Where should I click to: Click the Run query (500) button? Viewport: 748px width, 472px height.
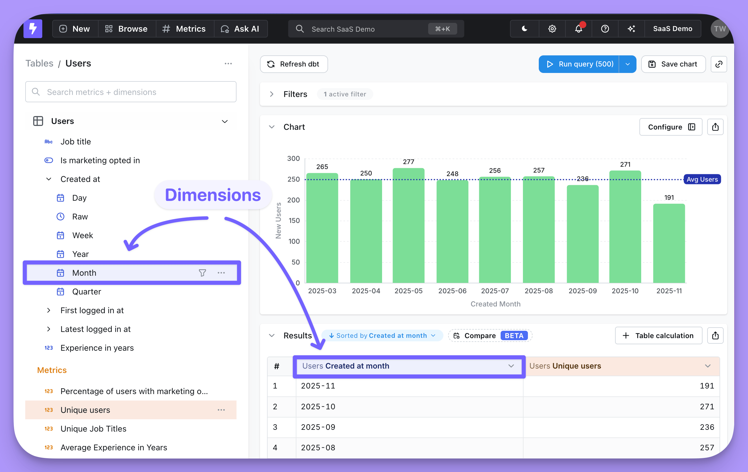[579, 64]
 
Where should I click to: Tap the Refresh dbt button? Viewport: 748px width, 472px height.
[294, 64]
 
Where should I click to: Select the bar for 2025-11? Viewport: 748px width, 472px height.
[669, 243]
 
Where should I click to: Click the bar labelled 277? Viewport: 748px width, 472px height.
[408, 226]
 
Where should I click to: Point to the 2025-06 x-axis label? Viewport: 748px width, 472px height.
[452, 291]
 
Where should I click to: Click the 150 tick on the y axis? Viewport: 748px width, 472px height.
[294, 221]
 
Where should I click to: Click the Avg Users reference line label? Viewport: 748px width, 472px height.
[702, 179]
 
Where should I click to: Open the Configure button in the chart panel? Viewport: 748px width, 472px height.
[671, 127]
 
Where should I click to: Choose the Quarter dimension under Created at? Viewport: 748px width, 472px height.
[87, 292]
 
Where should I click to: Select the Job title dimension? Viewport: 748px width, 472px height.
[76, 142]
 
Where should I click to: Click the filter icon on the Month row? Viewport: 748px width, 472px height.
[202, 273]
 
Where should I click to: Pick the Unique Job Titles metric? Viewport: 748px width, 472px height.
[94, 429]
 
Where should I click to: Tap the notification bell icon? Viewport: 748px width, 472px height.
[578, 29]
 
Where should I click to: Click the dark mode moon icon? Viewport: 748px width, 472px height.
[525, 29]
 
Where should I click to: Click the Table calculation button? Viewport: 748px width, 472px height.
[658, 335]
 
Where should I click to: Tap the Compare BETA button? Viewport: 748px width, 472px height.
[490, 335]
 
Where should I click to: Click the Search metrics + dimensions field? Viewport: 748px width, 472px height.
[131, 92]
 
